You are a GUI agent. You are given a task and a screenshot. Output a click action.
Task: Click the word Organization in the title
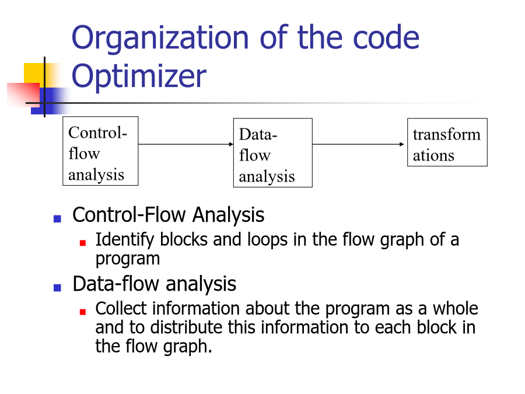pos(160,38)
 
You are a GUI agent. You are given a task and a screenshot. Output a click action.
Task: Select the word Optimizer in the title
pos(139,76)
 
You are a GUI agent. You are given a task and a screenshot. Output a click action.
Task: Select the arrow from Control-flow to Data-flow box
pos(186,144)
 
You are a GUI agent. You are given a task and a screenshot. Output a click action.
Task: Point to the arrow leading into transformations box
pos(358,144)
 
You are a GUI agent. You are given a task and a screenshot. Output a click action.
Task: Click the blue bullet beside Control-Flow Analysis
pos(57,219)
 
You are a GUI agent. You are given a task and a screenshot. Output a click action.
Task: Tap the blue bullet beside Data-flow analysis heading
pos(57,287)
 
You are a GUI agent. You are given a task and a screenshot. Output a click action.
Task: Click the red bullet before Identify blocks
pos(83,243)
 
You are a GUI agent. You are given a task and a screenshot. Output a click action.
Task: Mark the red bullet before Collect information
pos(83,312)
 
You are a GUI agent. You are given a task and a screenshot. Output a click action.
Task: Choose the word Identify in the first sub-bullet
pos(125,240)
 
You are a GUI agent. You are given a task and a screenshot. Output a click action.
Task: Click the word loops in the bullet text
pos(267,240)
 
